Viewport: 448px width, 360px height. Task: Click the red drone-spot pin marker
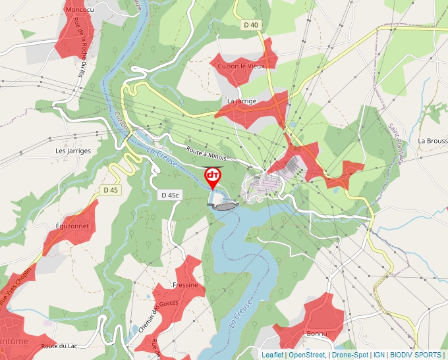(x=213, y=176)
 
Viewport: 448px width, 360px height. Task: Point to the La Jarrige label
(x=241, y=101)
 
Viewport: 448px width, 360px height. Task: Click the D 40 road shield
(x=250, y=25)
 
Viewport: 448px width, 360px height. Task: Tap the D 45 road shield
(x=111, y=190)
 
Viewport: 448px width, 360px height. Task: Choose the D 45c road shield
(x=170, y=195)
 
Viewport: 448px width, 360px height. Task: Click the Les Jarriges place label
(x=72, y=151)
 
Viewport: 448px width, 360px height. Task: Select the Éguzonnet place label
(x=72, y=226)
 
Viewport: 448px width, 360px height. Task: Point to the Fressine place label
(x=185, y=285)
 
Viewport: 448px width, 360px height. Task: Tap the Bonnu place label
(x=317, y=334)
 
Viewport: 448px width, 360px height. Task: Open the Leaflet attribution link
(x=272, y=355)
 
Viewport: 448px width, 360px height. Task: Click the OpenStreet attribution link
(x=307, y=355)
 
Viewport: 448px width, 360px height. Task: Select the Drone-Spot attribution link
(x=349, y=355)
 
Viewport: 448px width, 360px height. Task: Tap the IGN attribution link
(x=379, y=355)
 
